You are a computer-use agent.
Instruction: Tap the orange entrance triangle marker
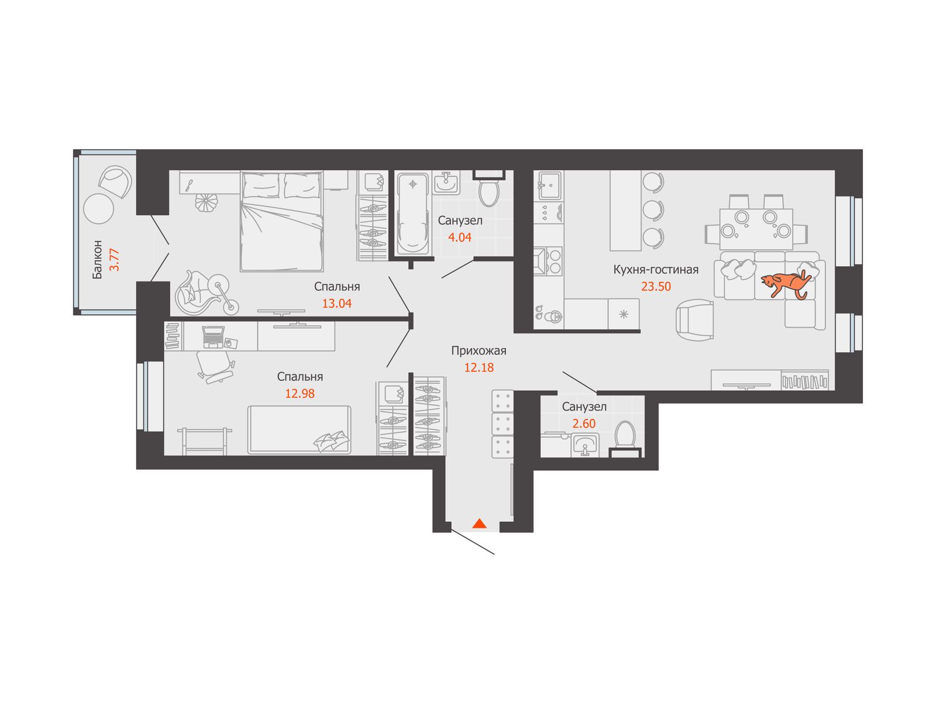click(x=479, y=523)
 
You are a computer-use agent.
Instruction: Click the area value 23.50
click(x=656, y=287)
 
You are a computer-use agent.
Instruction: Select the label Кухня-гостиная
click(x=656, y=269)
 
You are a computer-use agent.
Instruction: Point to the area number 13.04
click(x=337, y=304)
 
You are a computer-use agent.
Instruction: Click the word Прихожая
click(x=479, y=351)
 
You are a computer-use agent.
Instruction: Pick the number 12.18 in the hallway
click(x=479, y=367)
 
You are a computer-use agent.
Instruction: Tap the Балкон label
click(x=97, y=260)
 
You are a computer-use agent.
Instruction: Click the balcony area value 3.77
click(x=114, y=260)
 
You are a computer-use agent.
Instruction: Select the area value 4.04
click(x=460, y=238)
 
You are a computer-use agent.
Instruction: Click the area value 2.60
click(x=584, y=424)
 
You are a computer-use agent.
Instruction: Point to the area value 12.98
click(x=300, y=393)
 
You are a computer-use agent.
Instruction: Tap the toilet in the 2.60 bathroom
click(x=625, y=439)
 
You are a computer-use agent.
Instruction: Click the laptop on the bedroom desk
click(x=214, y=336)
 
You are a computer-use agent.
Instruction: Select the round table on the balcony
click(x=98, y=208)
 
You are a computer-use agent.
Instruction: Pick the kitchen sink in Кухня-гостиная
click(x=550, y=185)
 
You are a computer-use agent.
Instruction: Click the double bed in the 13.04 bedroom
click(x=281, y=221)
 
